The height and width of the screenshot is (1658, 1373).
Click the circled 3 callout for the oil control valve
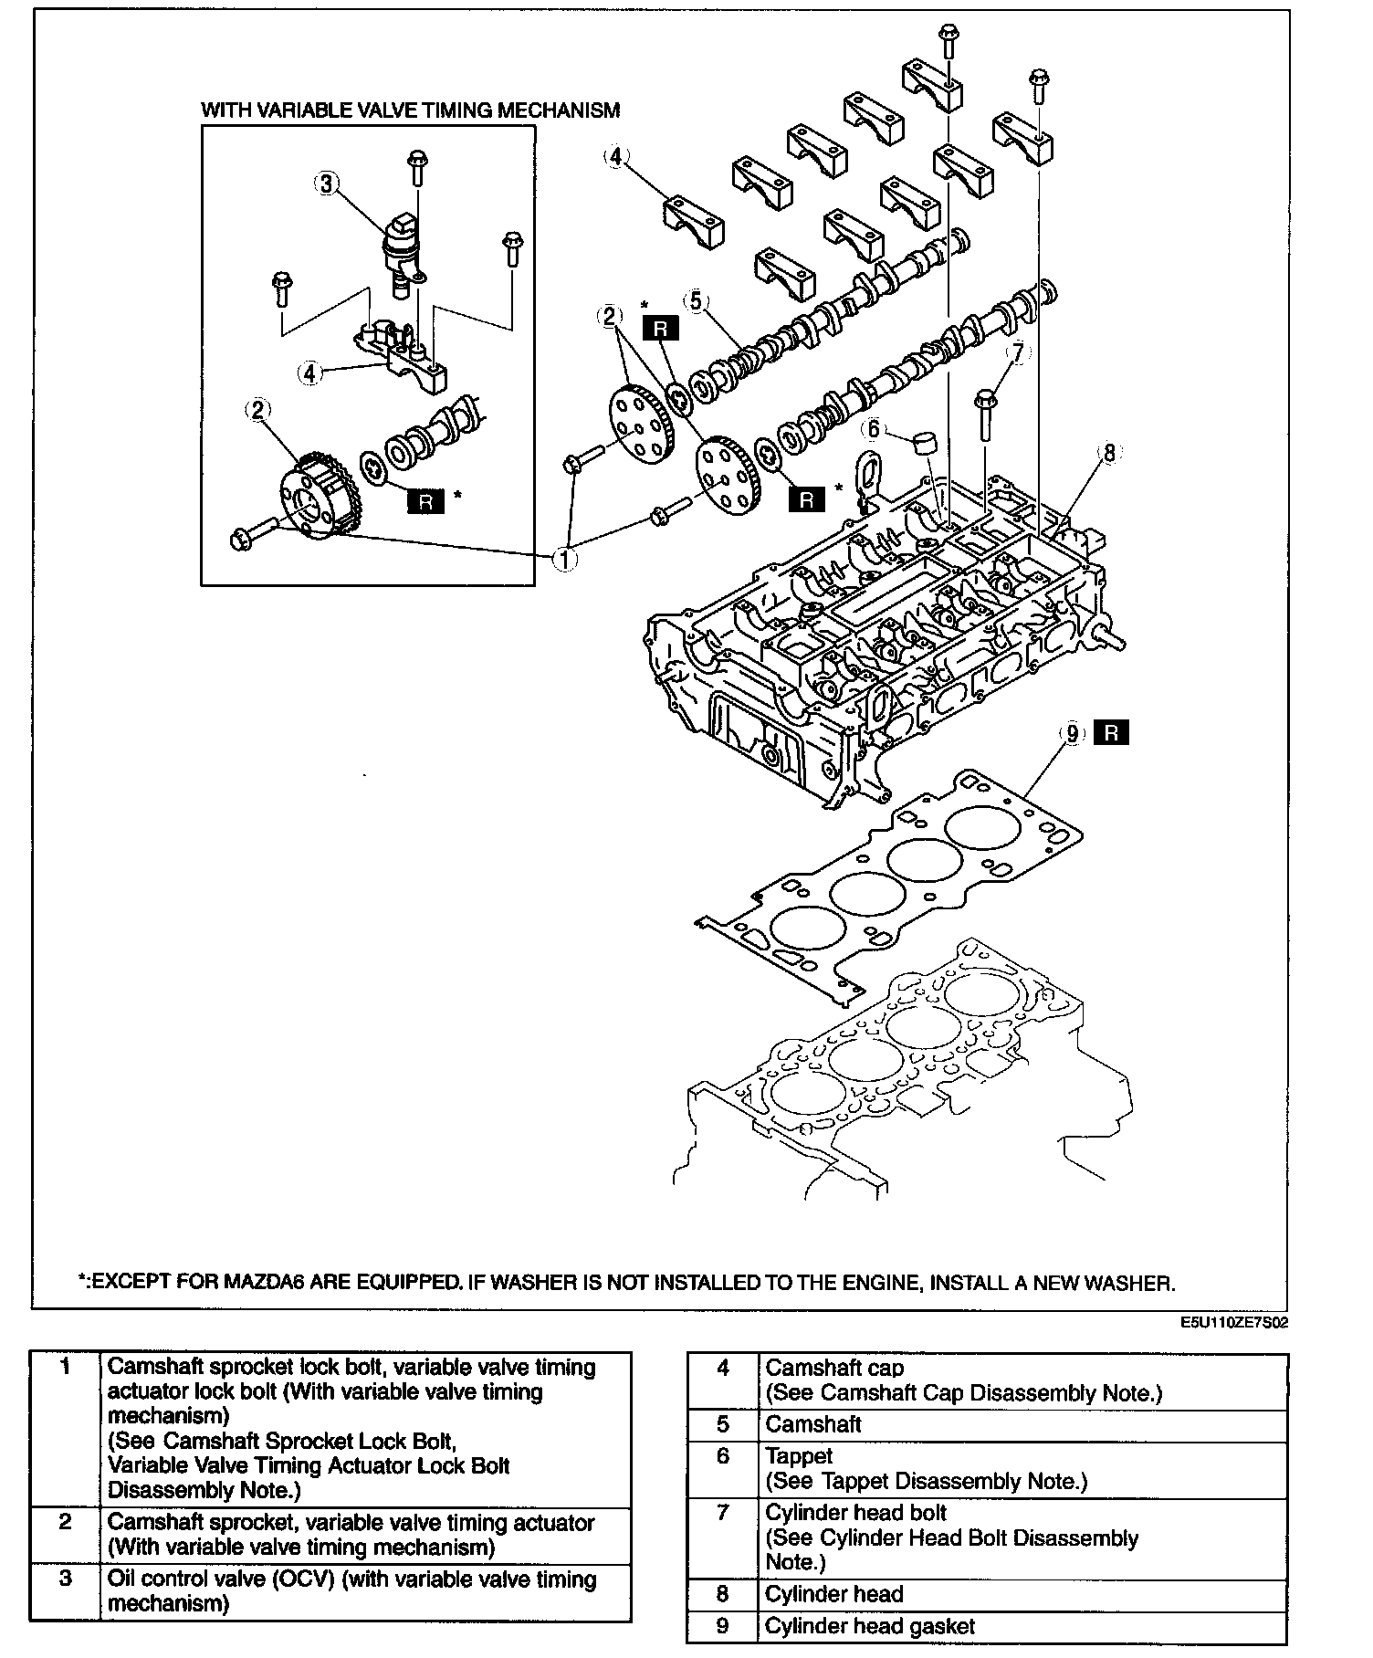pyautogui.click(x=325, y=184)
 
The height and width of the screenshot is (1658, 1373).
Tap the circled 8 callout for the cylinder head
pyautogui.click(x=1109, y=452)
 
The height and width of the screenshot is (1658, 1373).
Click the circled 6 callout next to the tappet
pyautogui.click(x=874, y=428)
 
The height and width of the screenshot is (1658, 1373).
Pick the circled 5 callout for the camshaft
pyautogui.click(x=697, y=300)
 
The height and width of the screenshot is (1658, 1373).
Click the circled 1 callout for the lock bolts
pyautogui.click(x=566, y=558)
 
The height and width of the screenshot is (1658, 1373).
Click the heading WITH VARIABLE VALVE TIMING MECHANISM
pyautogui.click(x=410, y=110)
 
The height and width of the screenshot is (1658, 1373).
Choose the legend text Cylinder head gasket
pyautogui.click(x=869, y=1626)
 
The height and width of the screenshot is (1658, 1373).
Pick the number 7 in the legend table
pyautogui.click(x=723, y=1513)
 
